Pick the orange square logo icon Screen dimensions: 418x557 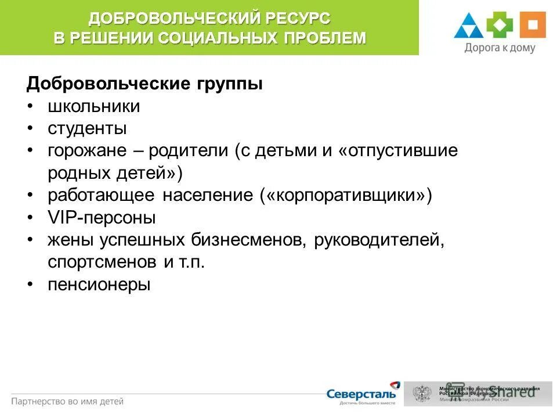(x=533, y=26)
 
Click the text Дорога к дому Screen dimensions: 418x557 (x=500, y=48)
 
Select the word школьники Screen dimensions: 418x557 (x=93, y=106)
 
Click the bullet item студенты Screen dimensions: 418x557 (x=87, y=128)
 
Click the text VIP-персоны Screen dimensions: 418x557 (x=102, y=218)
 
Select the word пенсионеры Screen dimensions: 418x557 (x=99, y=284)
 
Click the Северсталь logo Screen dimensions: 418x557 (x=363, y=394)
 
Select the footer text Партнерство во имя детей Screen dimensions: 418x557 (x=67, y=401)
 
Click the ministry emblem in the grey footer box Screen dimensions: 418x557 (x=422, y=394)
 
